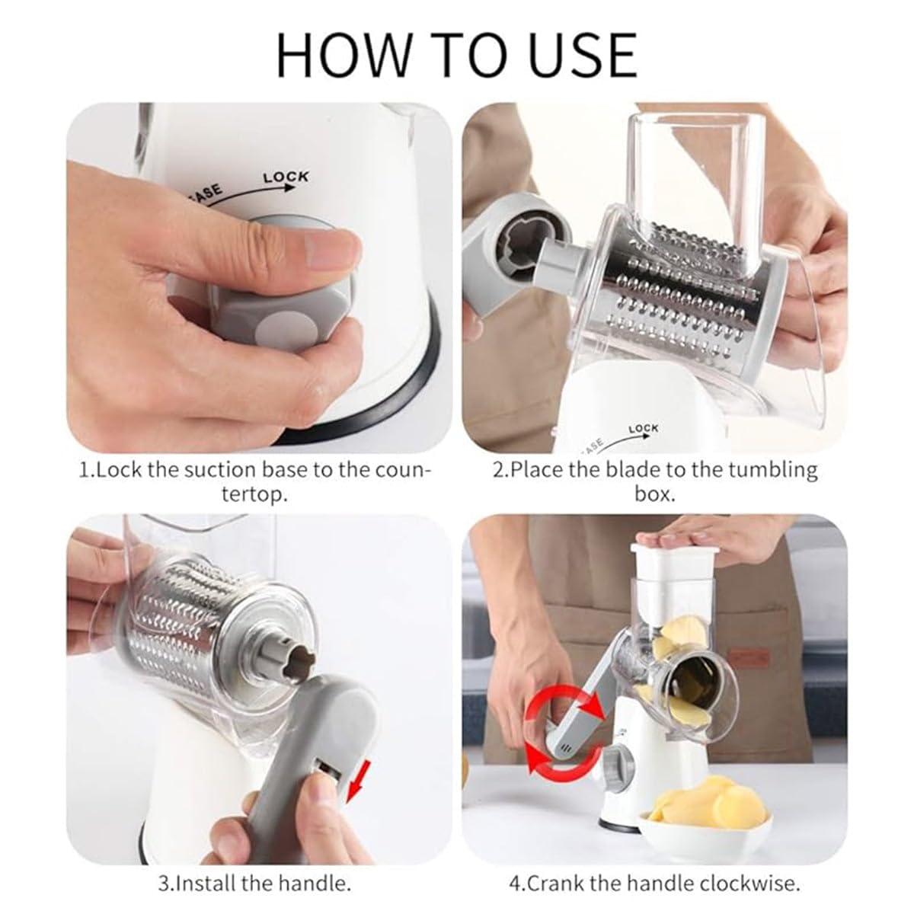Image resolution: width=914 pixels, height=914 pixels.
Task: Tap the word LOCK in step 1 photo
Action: coord(286,177)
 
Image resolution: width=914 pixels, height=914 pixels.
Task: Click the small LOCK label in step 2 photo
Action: coord(644,429)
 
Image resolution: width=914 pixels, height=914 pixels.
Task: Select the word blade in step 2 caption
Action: coord(641,468)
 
